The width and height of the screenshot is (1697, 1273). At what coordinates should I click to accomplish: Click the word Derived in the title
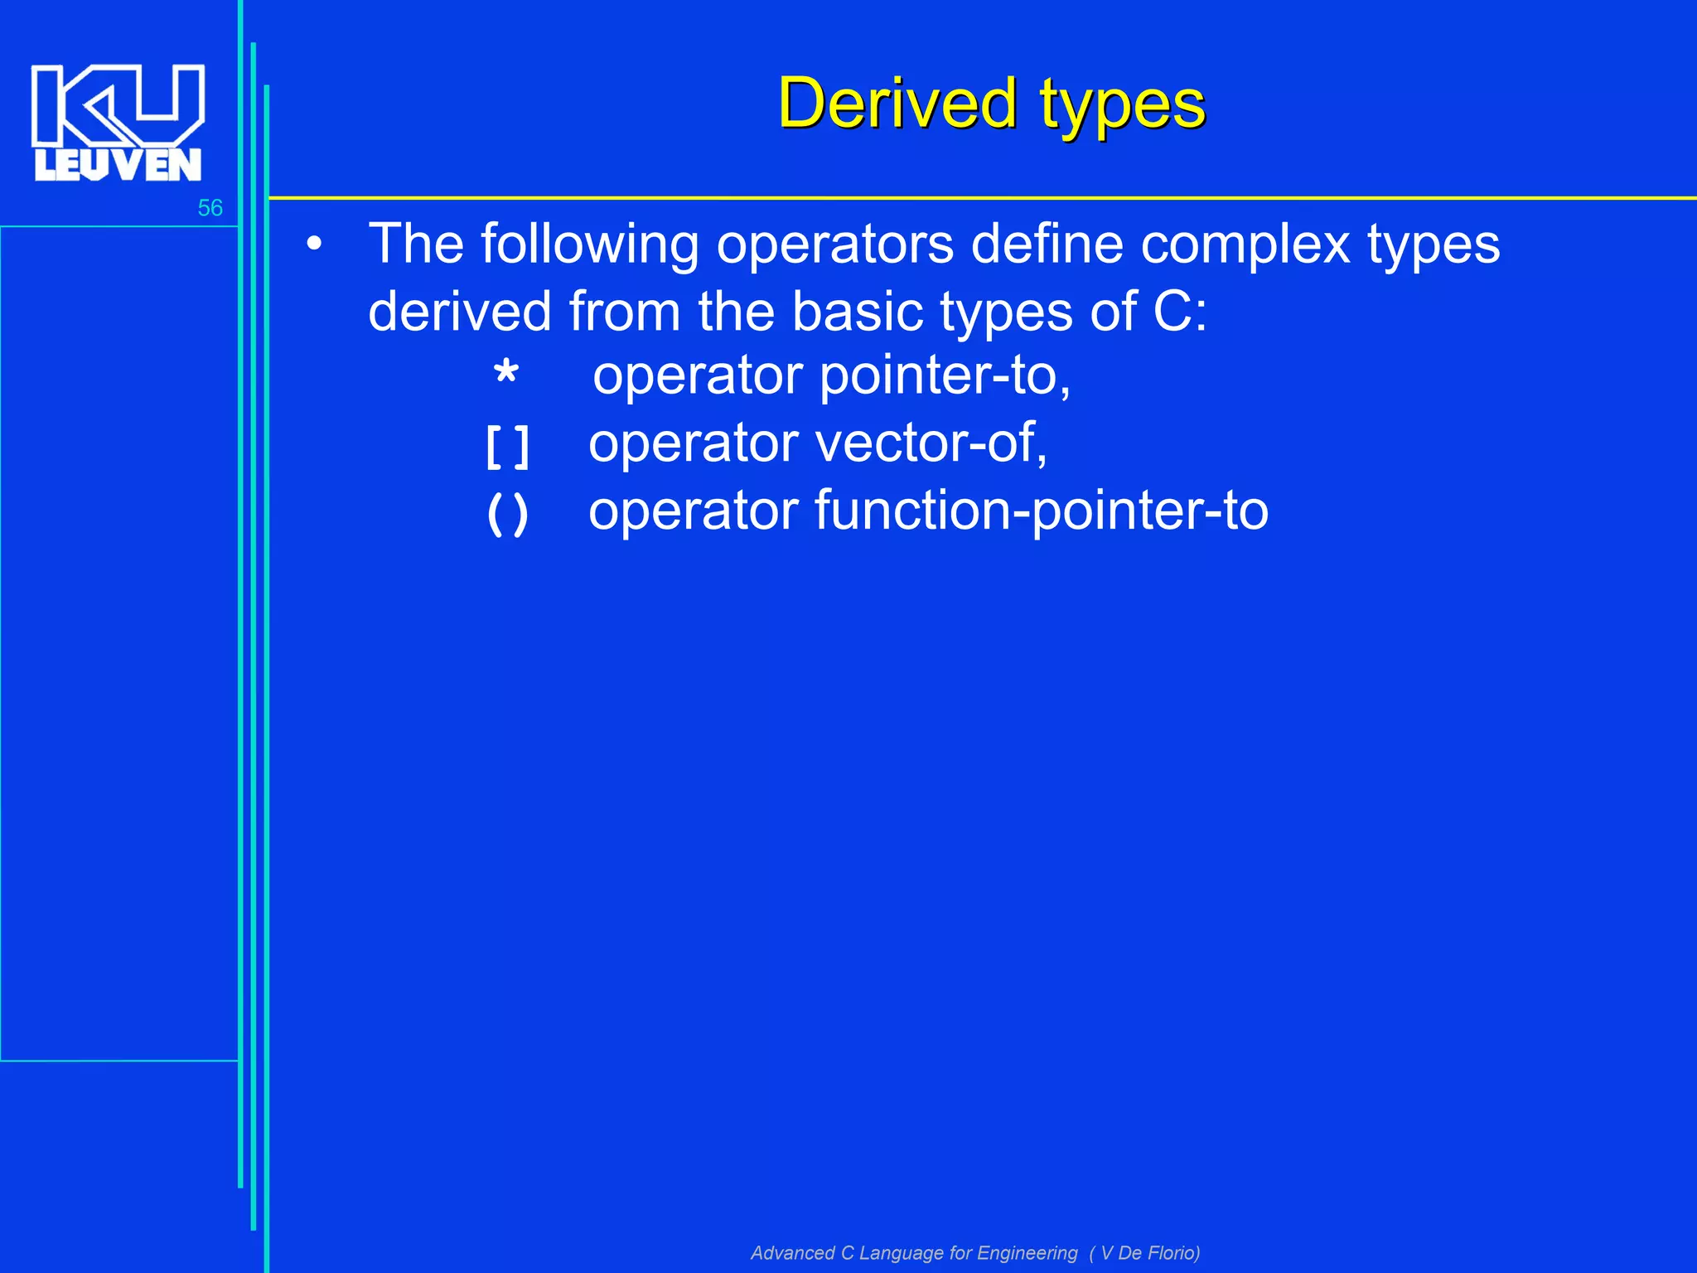[x=897, y=104]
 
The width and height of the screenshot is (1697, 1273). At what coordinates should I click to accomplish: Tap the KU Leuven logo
[x=118, y=123]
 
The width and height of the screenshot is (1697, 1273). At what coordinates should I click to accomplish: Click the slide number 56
[x=210, y=208]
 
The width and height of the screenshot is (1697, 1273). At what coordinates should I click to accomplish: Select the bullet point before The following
[x=313, y=245]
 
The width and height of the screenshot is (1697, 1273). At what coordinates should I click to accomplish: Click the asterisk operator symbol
[x=505, y=375]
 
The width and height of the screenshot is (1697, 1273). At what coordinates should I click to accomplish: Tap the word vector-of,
[x=931, y=443]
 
